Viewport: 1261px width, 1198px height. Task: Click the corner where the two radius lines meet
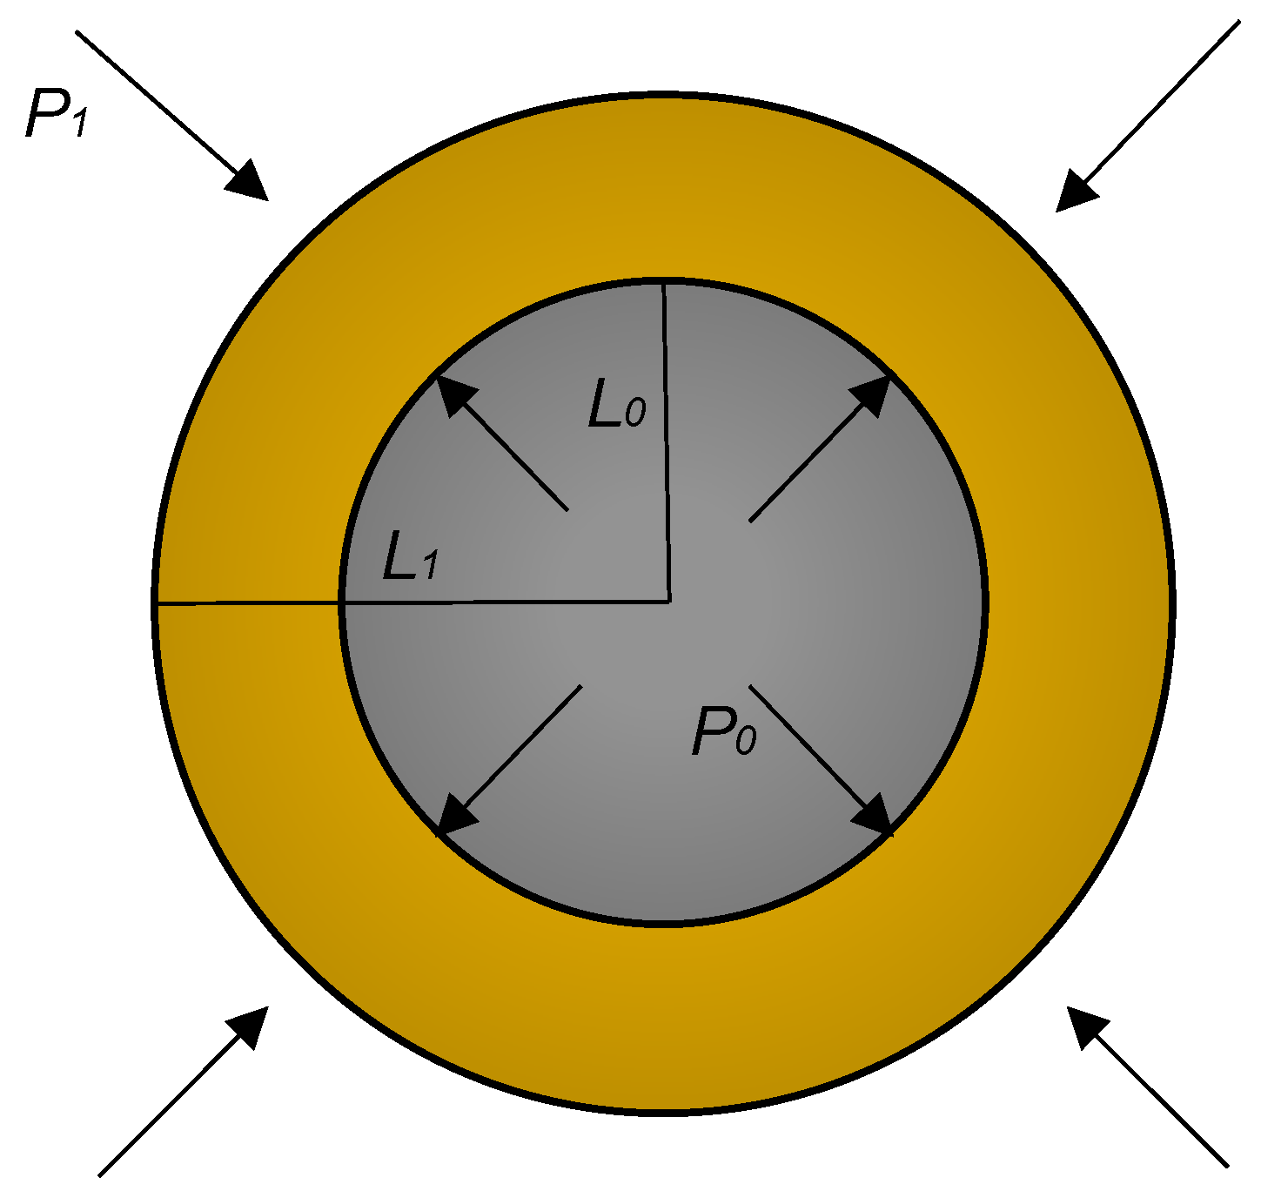click(x=668, y=600)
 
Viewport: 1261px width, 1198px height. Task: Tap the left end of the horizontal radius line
click(x=156, y=602)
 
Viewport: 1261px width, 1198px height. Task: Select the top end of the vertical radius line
click(x=664, y=282)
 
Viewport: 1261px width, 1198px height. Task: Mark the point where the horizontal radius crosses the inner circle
click(x=342, y=602)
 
